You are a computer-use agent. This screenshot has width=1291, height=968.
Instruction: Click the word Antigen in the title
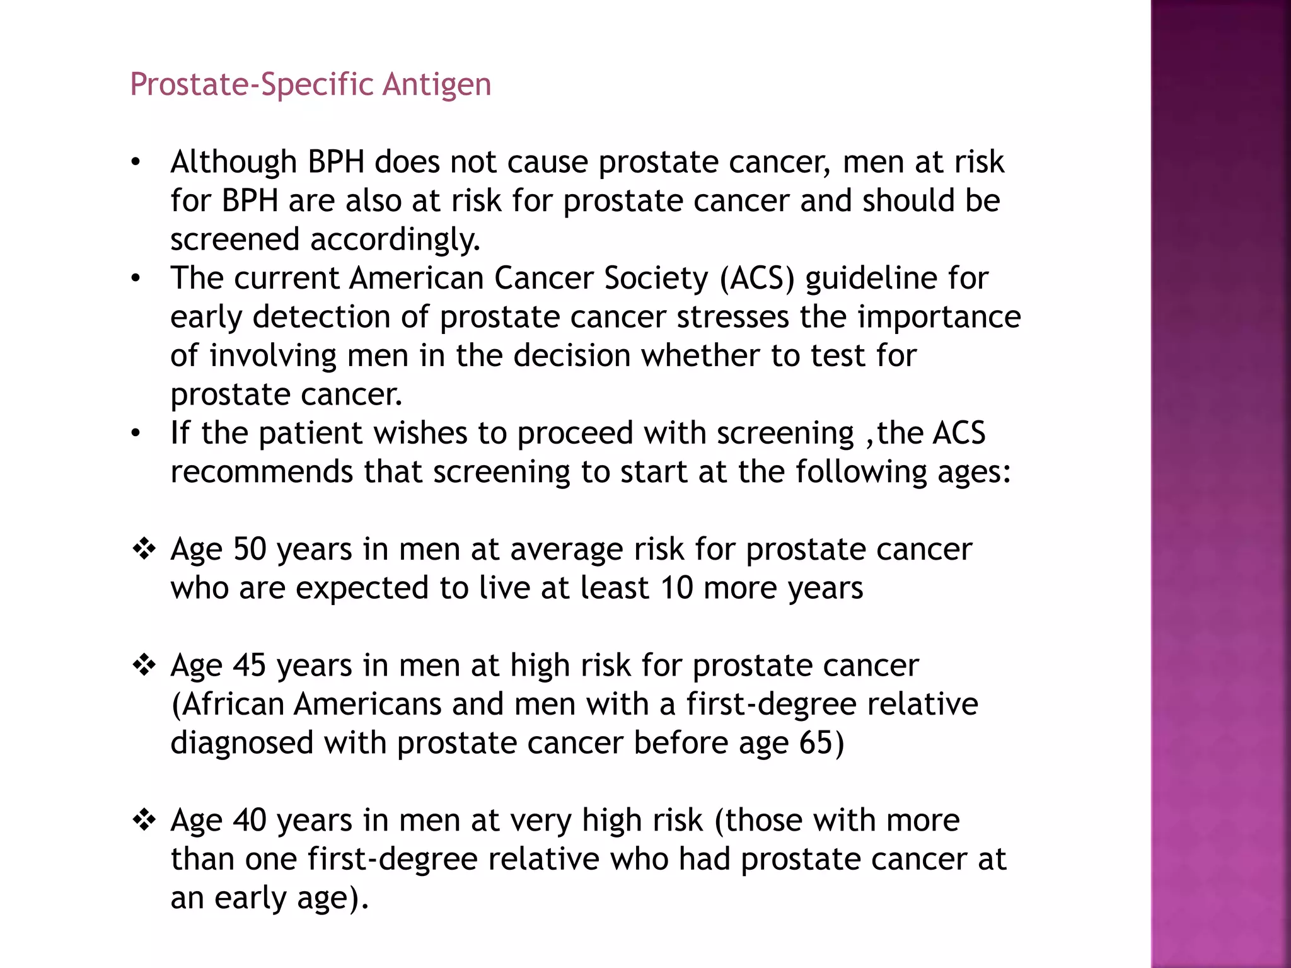pos(436,84)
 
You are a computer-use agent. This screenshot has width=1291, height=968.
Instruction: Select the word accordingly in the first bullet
pos(395,239)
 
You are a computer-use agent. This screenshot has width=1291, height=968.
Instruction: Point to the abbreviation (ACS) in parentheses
pos(757,278)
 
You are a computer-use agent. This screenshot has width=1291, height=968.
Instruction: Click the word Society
pos(656,278)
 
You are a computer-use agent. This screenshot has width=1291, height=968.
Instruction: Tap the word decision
pos(572,355)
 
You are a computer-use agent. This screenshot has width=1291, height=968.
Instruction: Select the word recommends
pos(262,472)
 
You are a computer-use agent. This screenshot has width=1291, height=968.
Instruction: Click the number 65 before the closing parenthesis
pos(816,743)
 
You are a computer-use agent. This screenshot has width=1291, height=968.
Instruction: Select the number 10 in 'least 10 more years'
pos(677,588)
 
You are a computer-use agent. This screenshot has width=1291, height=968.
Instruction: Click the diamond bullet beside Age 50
pos(144,549)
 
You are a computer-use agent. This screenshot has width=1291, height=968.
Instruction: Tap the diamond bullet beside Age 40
pos(144,821)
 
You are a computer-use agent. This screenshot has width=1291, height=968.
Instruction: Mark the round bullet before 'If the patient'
pos(136,434)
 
